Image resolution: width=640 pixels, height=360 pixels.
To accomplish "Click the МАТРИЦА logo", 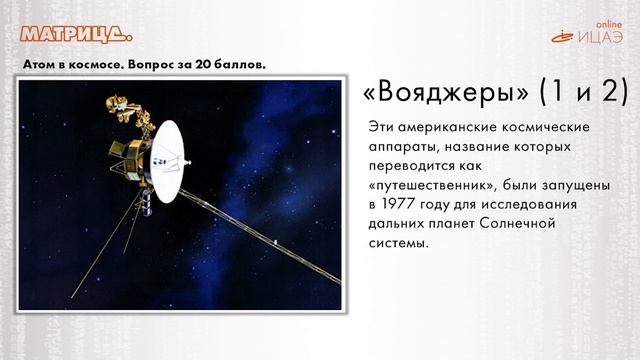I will (75, 36).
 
